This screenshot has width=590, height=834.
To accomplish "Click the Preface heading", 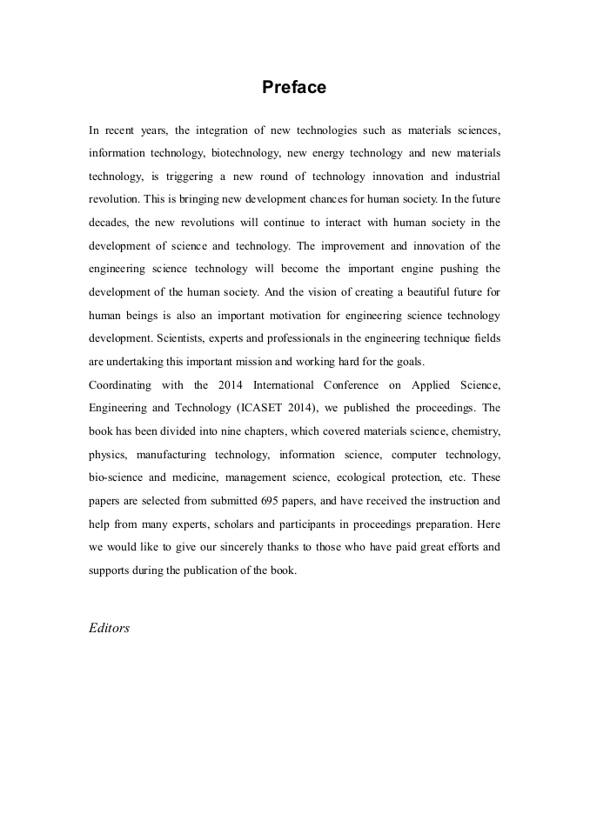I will (294, 88).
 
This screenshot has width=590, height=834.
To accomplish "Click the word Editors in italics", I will (109, 628).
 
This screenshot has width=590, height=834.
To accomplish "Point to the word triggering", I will (191, 176).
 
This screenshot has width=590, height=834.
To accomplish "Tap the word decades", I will (109, 222).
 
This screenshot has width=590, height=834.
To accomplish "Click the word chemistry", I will (473, 430).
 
